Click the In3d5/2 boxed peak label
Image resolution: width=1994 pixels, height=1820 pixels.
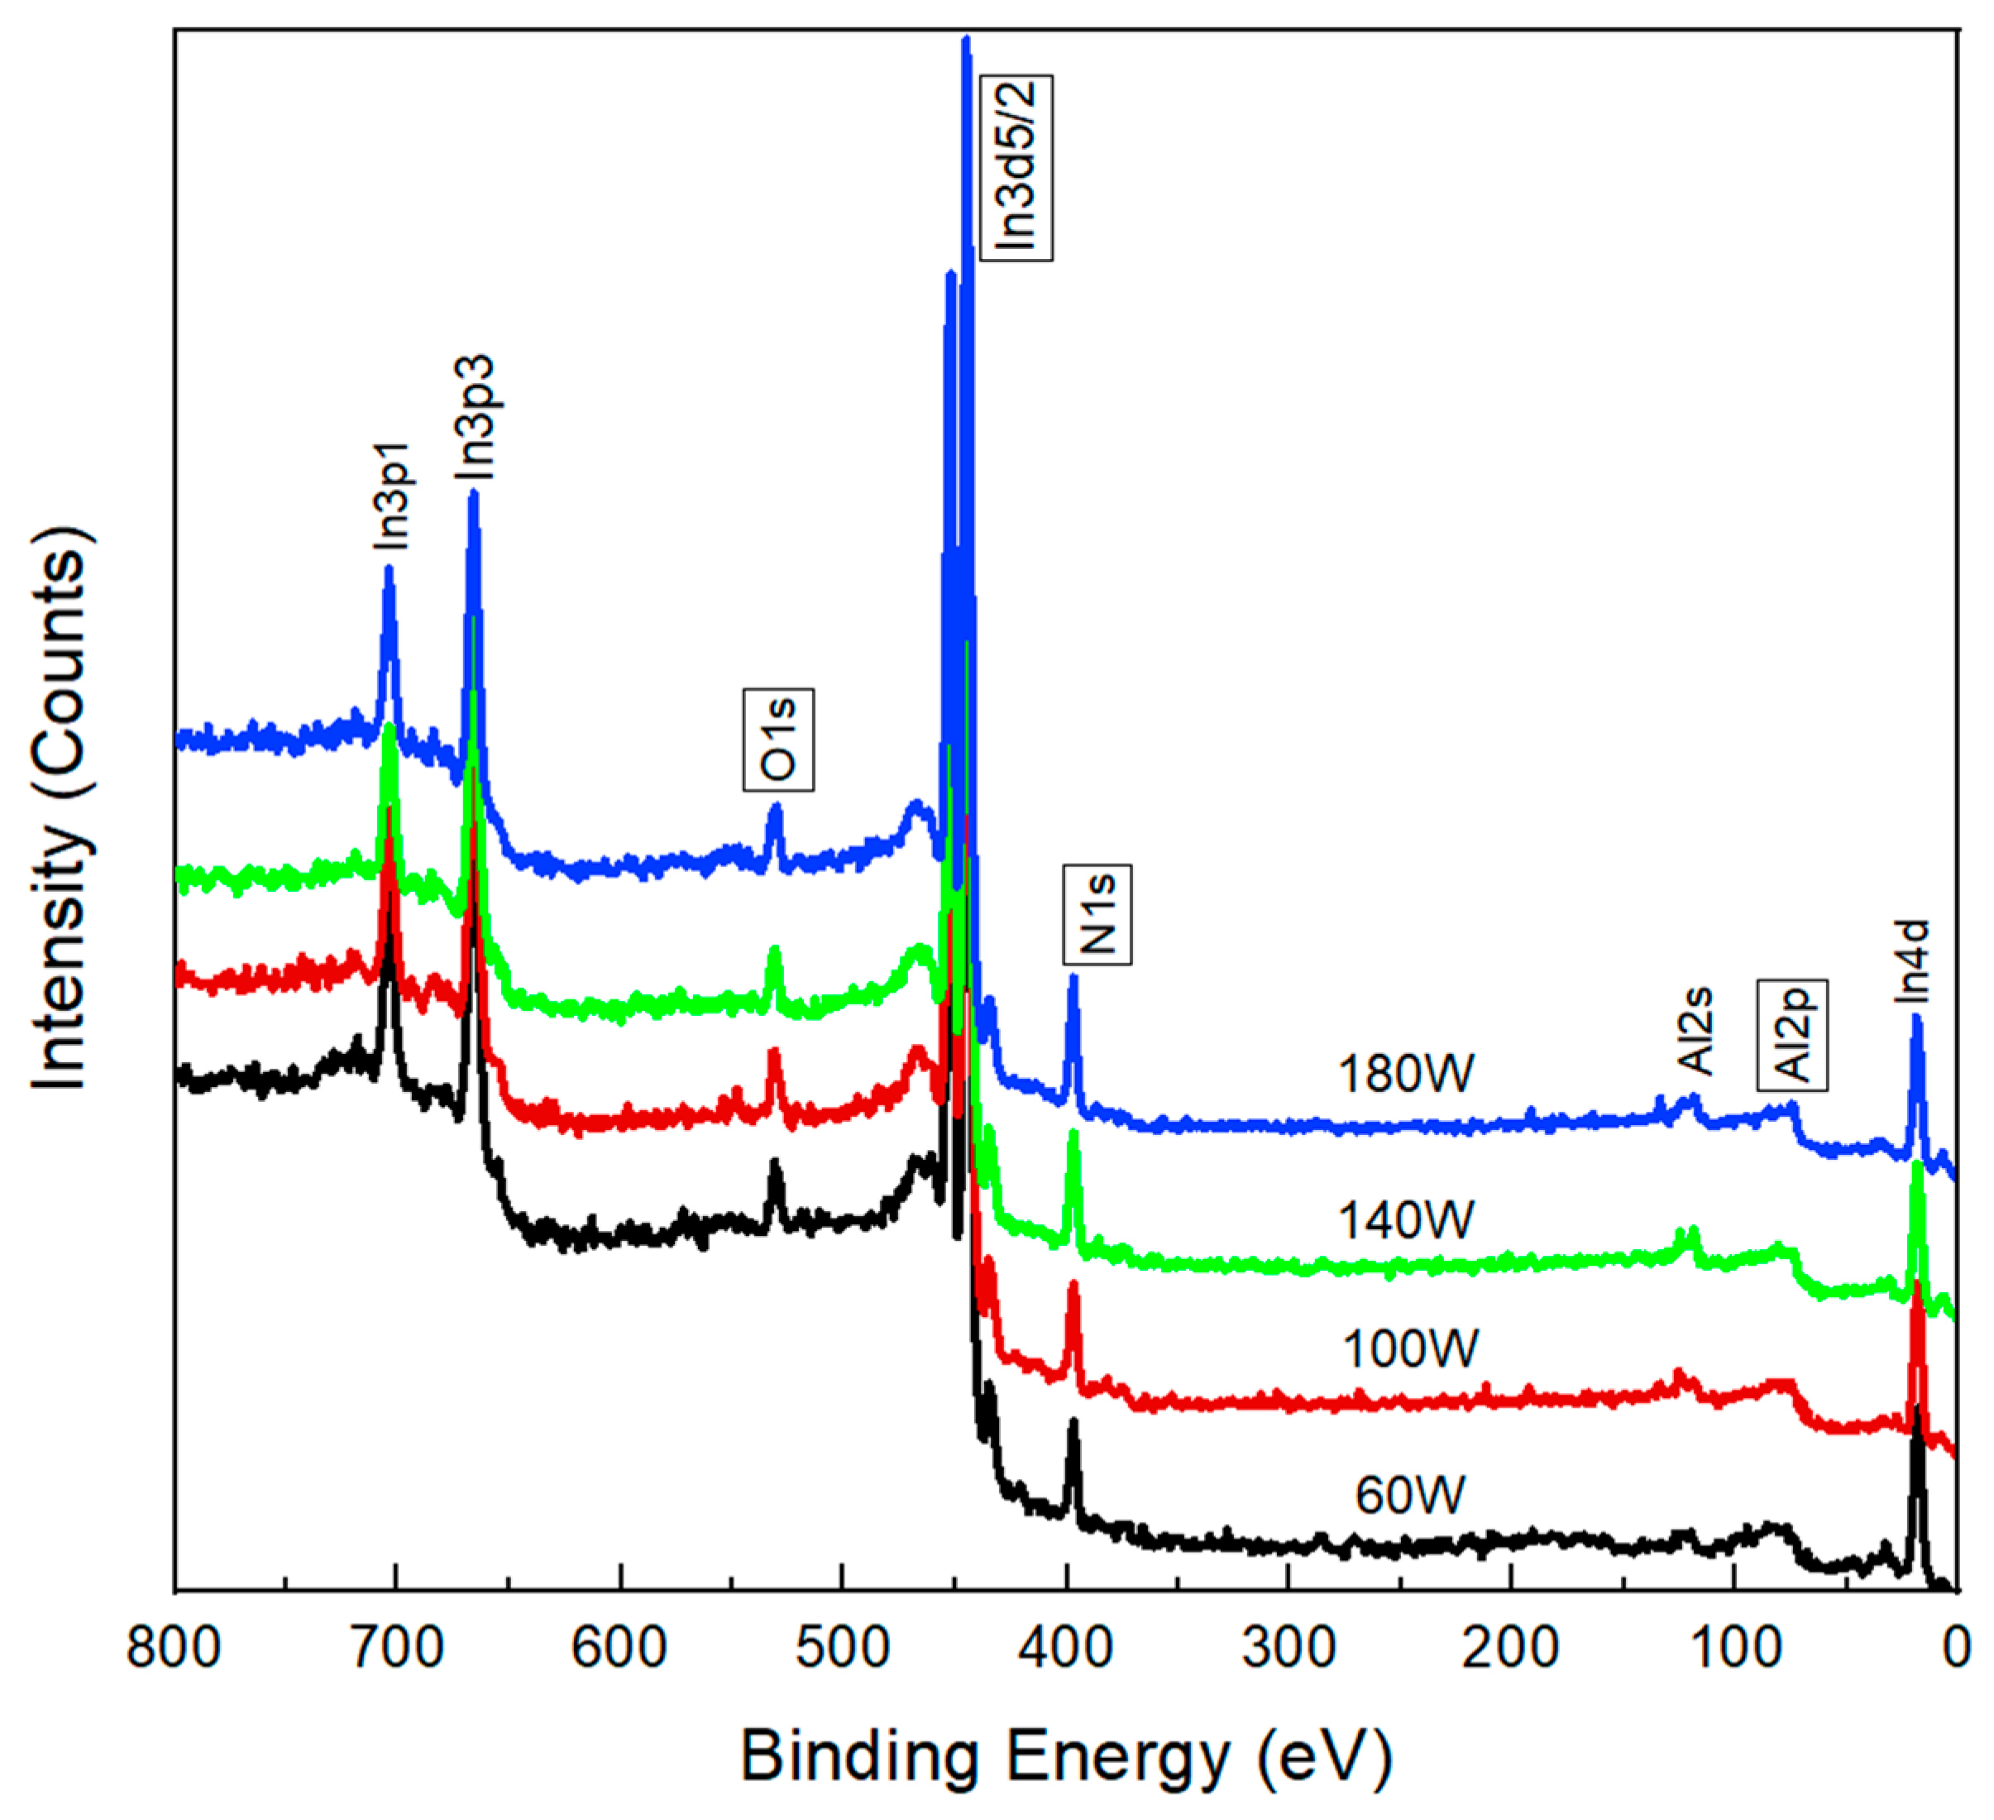click(1015, 167)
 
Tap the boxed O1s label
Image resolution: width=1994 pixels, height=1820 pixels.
click(778, 740)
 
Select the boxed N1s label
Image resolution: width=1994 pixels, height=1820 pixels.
click(1097, 915)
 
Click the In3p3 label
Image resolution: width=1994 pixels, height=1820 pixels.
click(475, 419)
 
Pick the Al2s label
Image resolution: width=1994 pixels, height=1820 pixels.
click(1696, 1031)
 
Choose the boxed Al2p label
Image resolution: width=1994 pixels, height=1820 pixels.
click(1791, 1035)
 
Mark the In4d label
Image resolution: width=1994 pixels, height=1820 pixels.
click(1913, 960)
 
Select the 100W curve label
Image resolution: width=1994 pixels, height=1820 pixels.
click(1409, 1349)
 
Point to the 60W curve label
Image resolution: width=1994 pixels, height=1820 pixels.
click(1409, 1496)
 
